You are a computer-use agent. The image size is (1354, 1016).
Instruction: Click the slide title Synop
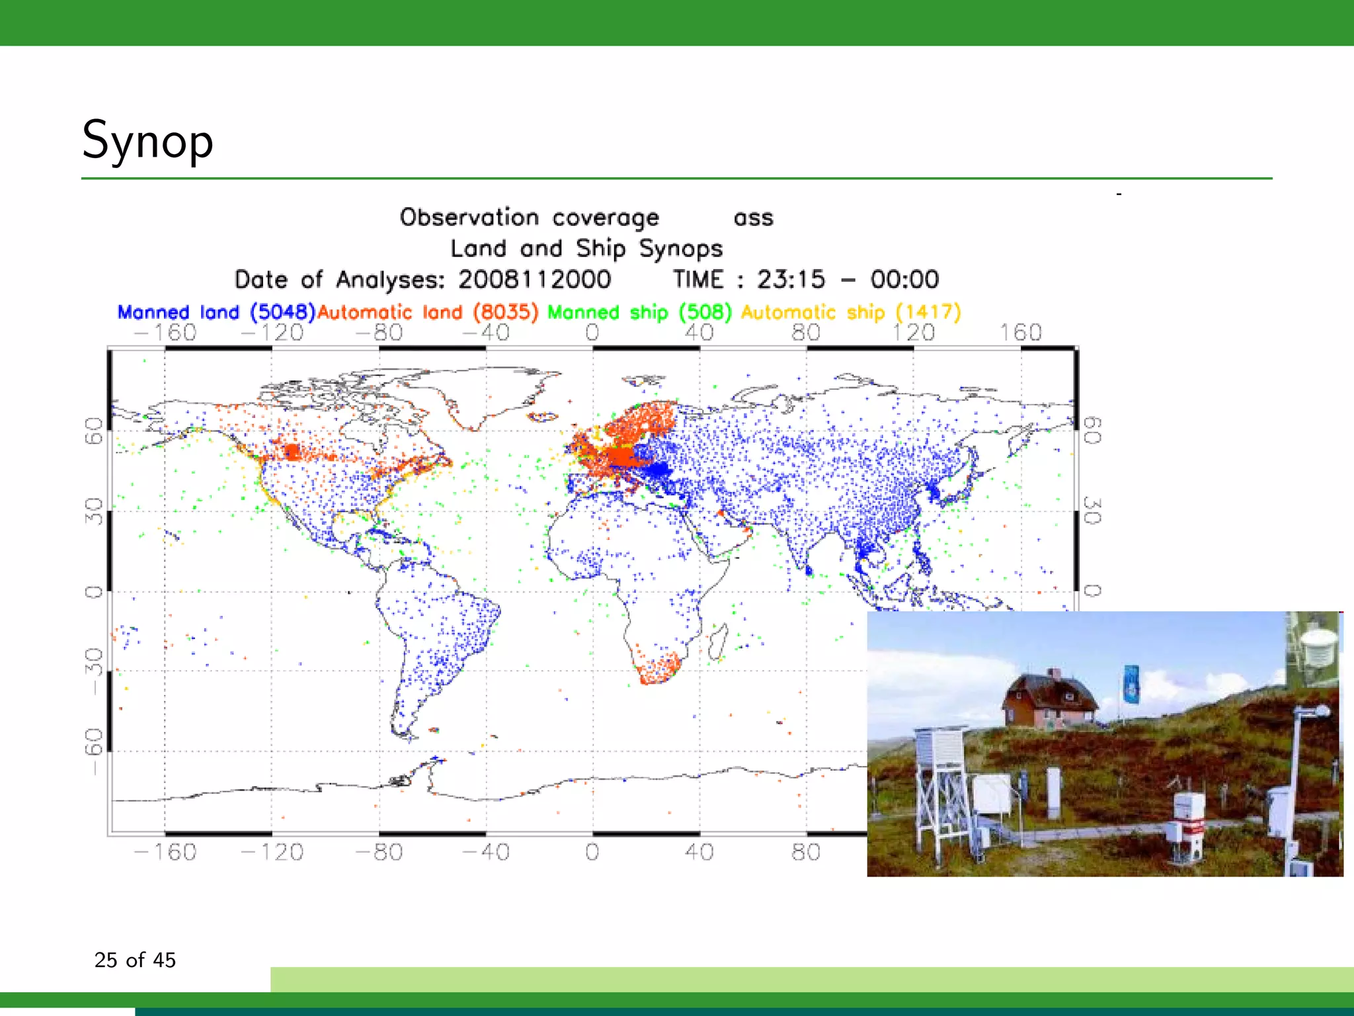pos(147,140)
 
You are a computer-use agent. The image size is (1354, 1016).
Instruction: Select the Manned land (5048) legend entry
pos(216,312)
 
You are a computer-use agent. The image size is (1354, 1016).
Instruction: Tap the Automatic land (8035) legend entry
pos(428,312)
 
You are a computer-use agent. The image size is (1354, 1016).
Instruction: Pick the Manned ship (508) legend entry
pos(639,312)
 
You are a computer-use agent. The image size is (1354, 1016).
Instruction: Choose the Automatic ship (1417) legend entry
pos(850,312)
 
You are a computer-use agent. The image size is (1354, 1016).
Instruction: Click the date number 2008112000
pos(534,279)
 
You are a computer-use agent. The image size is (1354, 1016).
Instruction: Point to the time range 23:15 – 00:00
pos(848,279)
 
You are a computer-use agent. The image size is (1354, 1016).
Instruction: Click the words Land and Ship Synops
pos(586,248)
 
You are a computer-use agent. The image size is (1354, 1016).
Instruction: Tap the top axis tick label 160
pos(1020,332)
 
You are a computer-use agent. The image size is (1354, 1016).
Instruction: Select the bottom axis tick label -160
pos(165,851)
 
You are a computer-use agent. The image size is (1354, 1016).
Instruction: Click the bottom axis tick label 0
pos(592,851)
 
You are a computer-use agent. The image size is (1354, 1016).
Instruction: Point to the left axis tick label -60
pos(94,750)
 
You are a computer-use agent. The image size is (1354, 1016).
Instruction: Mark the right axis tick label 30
pos(1092,511)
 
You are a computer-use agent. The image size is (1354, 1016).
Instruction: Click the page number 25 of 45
pos(135,960)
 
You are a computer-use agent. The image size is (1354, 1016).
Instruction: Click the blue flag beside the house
pos(1131,684)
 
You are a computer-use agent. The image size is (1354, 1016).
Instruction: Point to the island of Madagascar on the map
pos(718,642)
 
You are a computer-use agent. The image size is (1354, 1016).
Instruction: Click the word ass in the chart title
pos(753,218)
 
